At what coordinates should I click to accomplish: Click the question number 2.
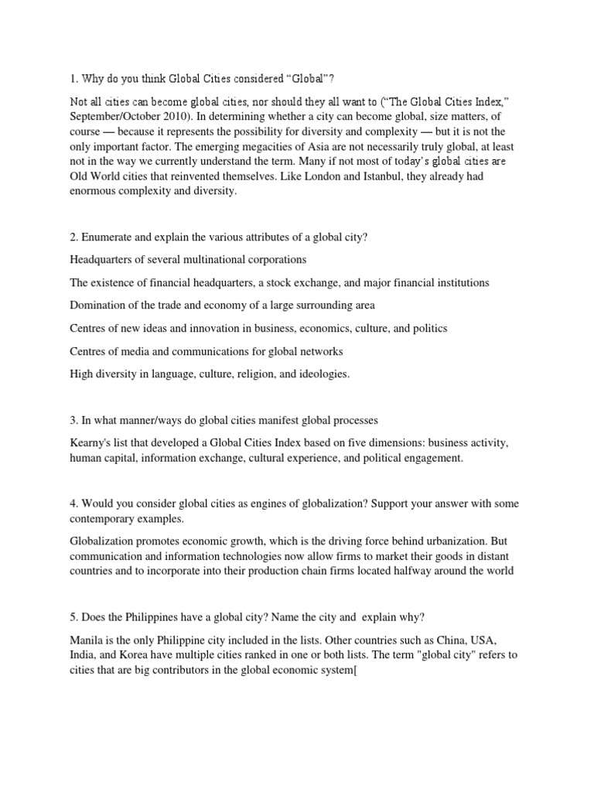pyautogui.click(x=73, y=237)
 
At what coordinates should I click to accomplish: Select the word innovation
pyautogui.click(x=217, y=329)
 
